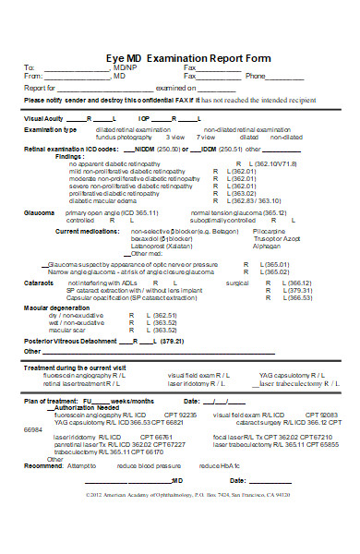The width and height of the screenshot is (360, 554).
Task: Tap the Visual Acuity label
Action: point(43,119)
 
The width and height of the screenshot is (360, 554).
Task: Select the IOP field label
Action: point(145,119)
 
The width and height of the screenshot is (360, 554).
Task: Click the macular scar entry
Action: point(67,330)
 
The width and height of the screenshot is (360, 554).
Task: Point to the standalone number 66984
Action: point(33,429)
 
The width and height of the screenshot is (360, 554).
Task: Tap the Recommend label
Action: point(42,465)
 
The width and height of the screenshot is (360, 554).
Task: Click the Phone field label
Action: point(255,77)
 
